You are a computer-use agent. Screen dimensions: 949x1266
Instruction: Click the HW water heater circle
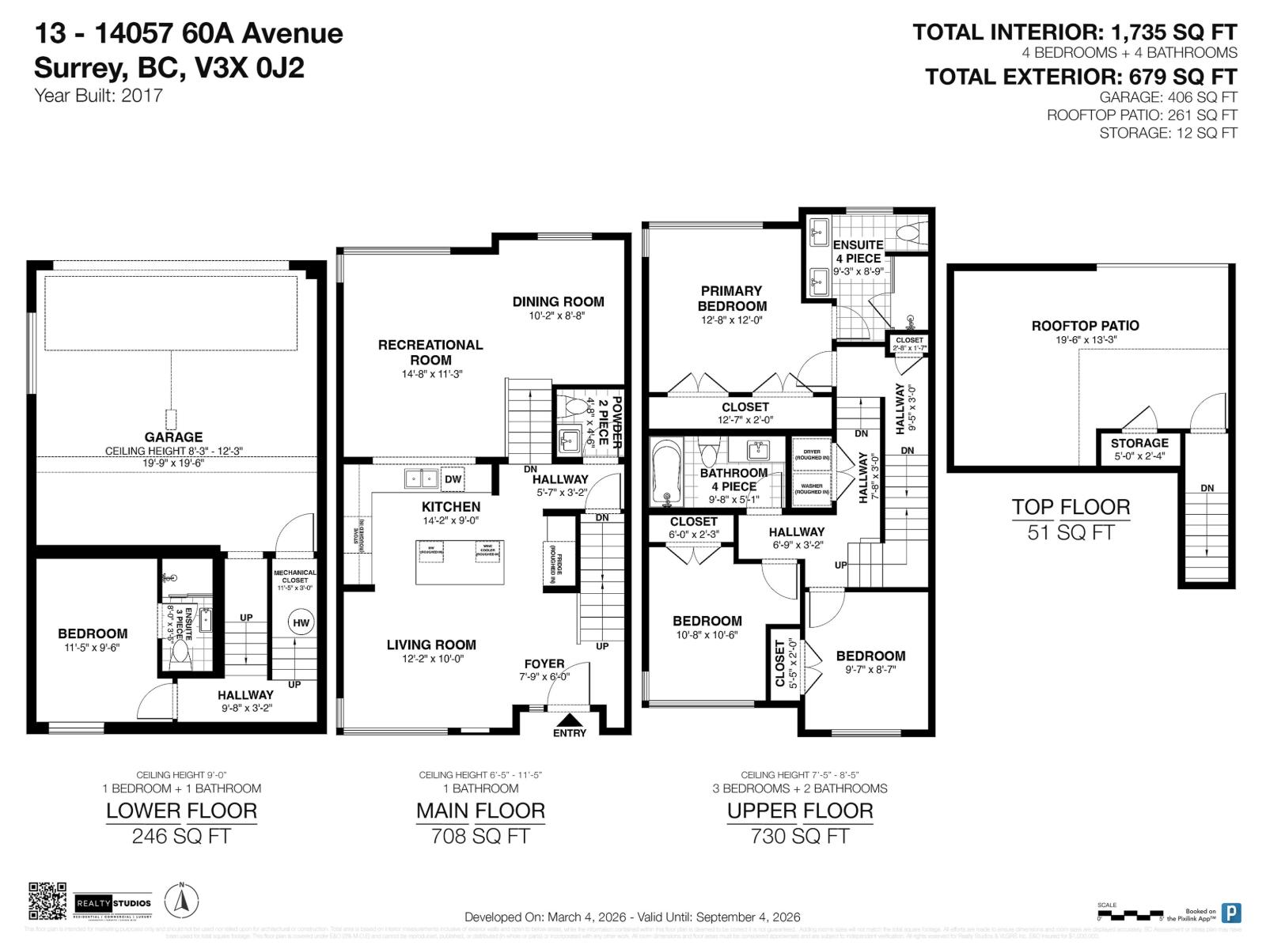(301, 622)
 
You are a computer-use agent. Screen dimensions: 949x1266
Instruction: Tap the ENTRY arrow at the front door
(569, 720)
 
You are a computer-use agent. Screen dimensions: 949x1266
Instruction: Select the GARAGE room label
(173, 437)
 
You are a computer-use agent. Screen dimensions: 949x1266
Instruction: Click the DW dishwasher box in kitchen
(453, 479)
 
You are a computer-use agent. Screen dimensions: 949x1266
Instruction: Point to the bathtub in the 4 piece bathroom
(665, 473)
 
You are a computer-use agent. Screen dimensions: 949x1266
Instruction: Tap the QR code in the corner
(47, 901)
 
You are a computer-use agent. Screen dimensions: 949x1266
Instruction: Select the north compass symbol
(181, 901)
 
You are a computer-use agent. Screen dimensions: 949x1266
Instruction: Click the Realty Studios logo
(113, 902)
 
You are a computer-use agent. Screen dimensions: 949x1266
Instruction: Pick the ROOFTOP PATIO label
(1085, 326)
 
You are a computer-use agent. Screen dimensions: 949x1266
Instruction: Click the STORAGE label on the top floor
(1139, 443)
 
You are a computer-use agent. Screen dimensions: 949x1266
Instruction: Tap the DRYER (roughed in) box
(812, 455)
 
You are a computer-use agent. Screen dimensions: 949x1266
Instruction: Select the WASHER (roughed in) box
(812, 488)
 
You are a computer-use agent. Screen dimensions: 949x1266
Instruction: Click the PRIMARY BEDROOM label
(732, 298)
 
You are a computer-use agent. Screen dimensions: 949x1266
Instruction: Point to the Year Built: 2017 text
(99, 96)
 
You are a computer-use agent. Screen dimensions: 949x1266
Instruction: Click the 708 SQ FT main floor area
(480, 836)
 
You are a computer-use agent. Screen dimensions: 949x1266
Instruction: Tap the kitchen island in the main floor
(460, 561)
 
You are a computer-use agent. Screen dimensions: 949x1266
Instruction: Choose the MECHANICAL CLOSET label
(294, 577)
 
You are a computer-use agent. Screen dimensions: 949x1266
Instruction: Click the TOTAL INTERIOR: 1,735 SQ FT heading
(1074, 32)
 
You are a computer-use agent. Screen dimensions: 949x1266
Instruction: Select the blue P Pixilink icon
(1231, 913)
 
